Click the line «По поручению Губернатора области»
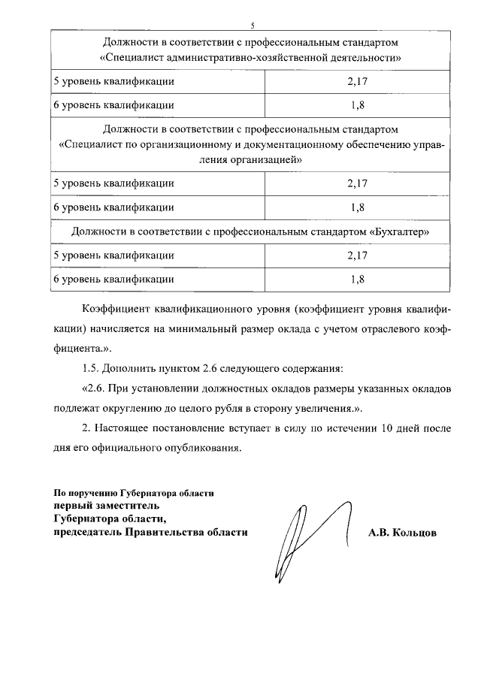click(134, 493)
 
